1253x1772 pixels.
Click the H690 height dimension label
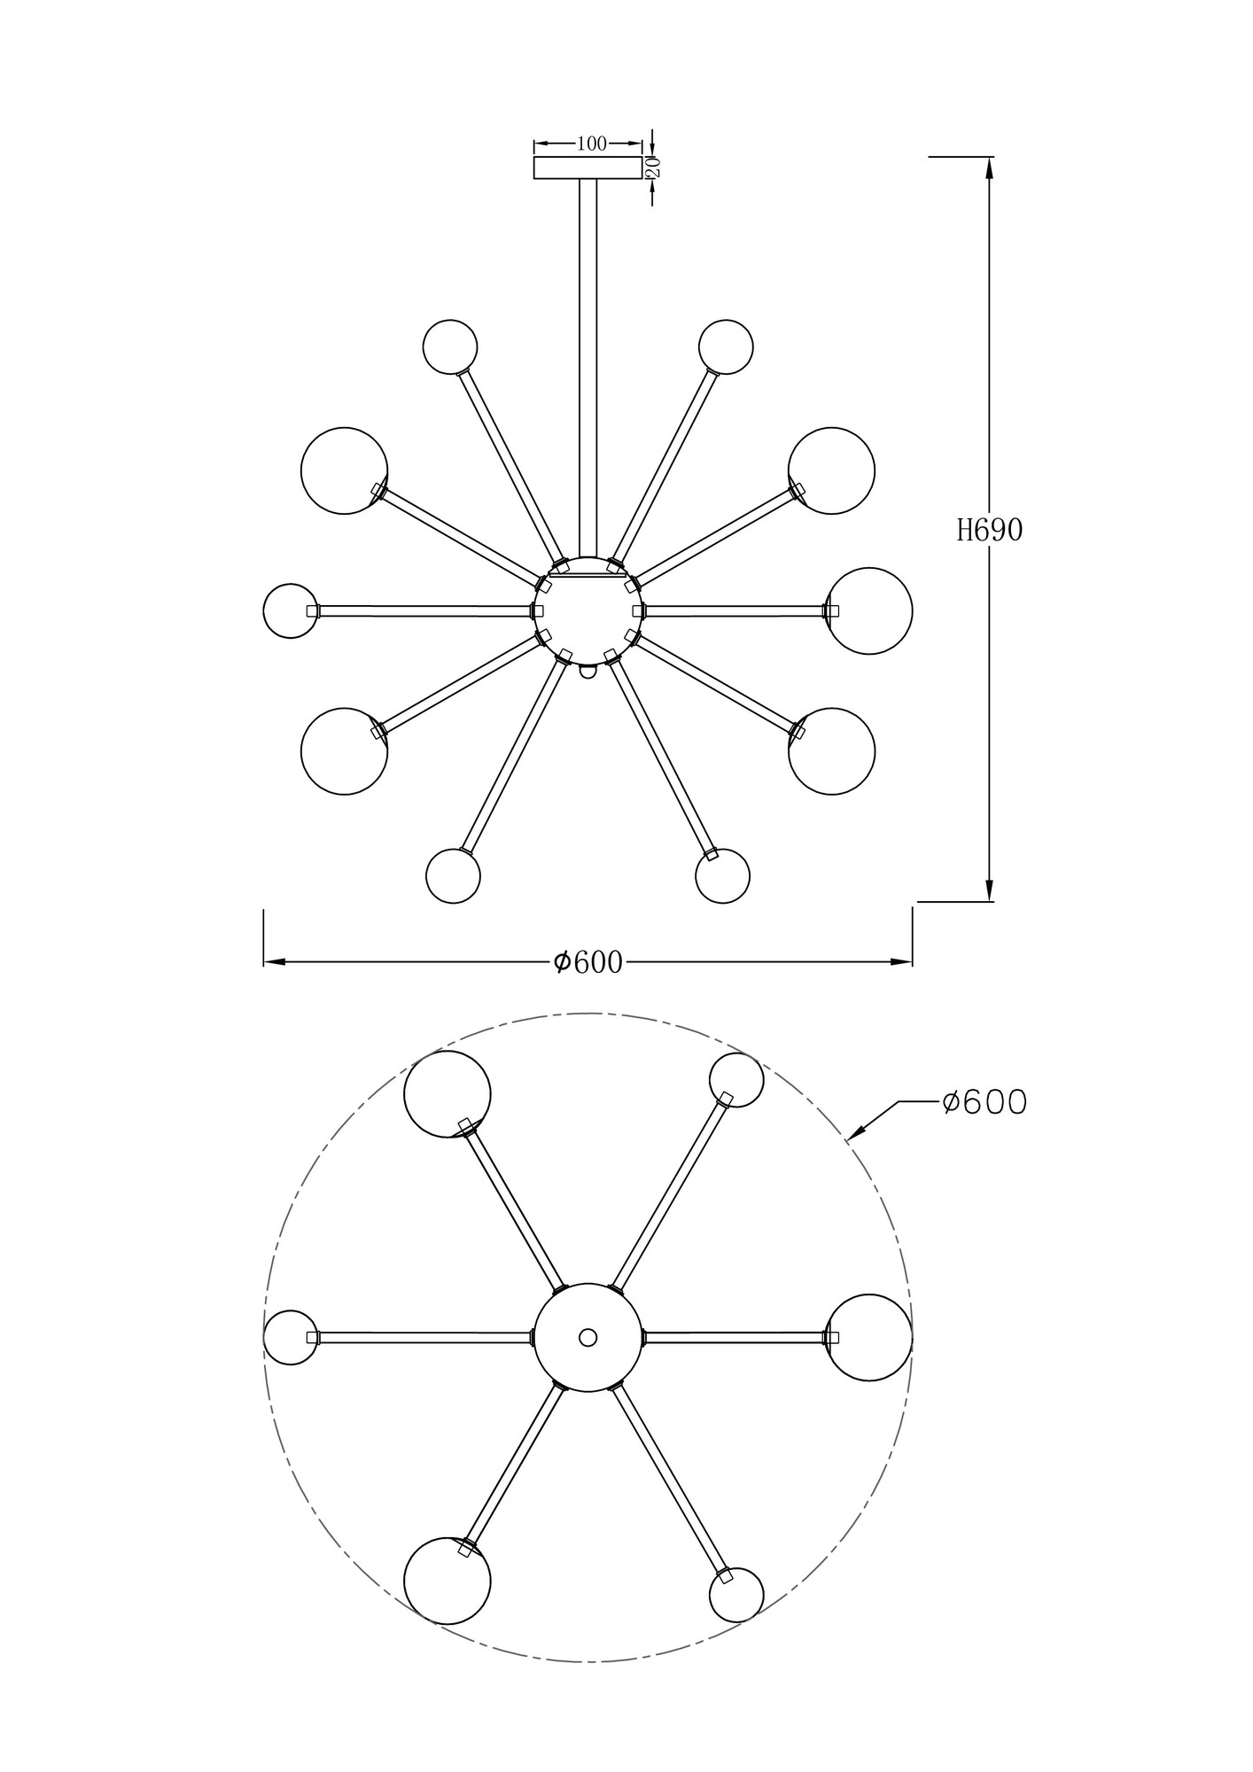click(989, 530)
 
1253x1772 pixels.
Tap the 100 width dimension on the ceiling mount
click(591, 144)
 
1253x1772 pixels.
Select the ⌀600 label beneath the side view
click(588, 962)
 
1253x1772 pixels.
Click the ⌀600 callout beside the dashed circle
click(984, 1102)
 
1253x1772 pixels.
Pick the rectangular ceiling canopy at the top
click(588, 167)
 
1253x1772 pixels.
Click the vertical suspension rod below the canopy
click(588, 363)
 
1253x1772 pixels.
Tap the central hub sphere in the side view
click(588, 610)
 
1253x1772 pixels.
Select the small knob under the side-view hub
click(588, 671)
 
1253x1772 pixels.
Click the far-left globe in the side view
click(291, 610)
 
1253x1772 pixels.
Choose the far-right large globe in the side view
click(870, 610)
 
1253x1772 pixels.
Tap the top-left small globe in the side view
click(450, 346)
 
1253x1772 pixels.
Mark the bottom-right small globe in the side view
click(723, 876)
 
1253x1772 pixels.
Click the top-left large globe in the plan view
click(447, 1093)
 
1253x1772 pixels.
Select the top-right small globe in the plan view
click(736, 1080)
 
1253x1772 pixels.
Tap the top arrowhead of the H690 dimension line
click(989, 167)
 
